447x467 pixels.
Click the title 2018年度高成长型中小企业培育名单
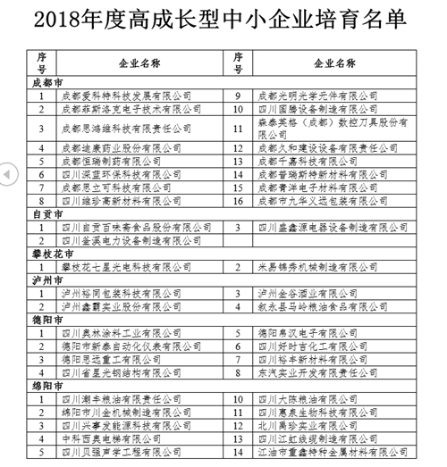[223, 18]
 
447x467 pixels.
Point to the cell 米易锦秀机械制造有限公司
[313, 267]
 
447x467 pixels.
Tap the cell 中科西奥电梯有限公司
[112, 438]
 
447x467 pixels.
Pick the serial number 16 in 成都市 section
[239, 202]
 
